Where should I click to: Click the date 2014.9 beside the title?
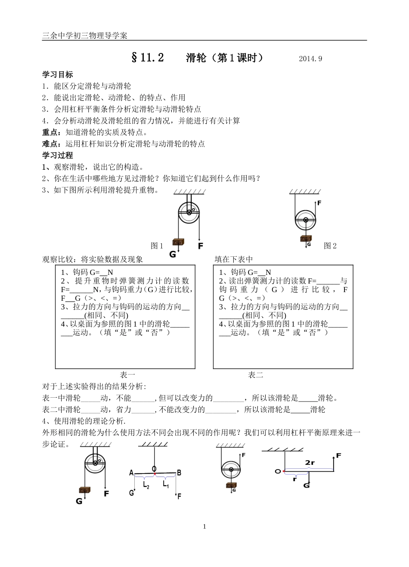310,59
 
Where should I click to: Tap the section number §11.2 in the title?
147,58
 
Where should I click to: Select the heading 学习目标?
57,75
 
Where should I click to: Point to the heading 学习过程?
57,155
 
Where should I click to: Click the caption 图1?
157,246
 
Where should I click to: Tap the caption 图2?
330,246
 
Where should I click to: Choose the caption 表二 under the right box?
255,375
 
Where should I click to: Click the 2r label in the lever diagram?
310,463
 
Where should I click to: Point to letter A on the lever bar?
131,473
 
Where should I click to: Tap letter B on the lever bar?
179,473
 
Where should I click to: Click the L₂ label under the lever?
146,484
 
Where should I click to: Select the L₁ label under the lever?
166,484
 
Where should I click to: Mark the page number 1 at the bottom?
204,526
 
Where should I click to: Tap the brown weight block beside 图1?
177,242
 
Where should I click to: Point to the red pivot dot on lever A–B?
155,474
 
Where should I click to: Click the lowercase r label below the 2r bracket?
295,479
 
